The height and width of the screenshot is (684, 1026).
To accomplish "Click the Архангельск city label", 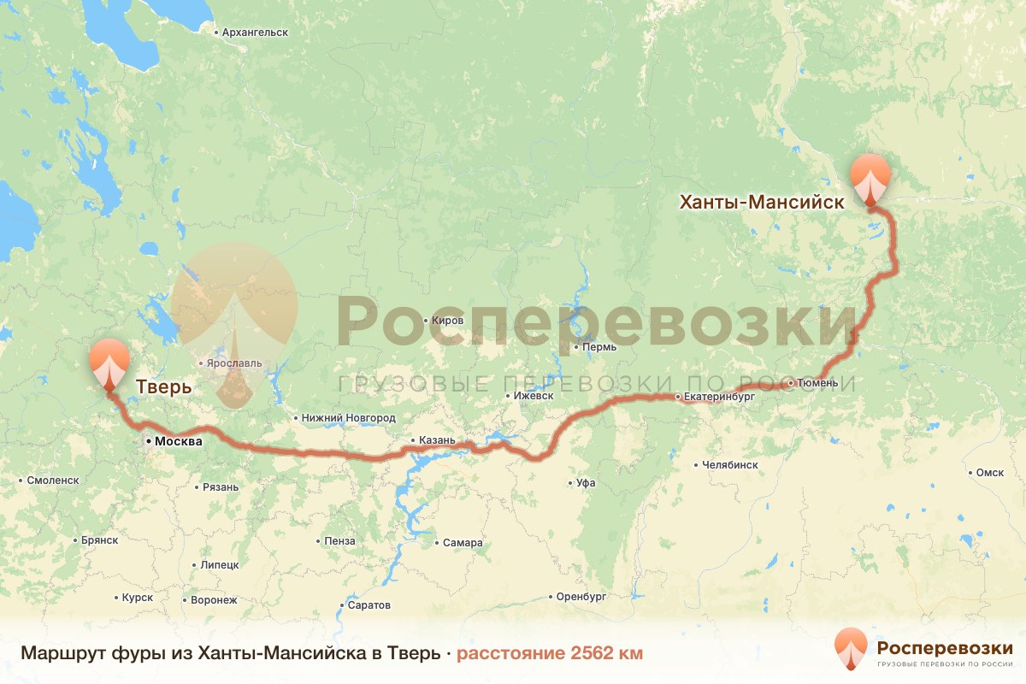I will [x=254, y=32].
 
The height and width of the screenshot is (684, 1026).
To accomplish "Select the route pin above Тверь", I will [x=109, y=363].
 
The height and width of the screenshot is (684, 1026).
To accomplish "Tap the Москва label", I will [x=178, y=442].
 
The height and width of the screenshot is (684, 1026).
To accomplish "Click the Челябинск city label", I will [x=729, y=465].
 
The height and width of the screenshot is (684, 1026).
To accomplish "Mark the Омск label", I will [x=989, y=473].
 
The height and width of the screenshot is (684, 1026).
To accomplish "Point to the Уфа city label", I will [x=586, y=483].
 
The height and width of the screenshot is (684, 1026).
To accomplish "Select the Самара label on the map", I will [x=463, y=543].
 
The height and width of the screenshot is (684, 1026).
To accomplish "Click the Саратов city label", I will [x=369, y=605].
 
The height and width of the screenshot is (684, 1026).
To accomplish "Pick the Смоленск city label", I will [x=53, y=481].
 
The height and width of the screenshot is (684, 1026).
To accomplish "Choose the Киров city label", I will [x=448, y=320].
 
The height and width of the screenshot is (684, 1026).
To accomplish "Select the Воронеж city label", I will [x=214, y=600].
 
